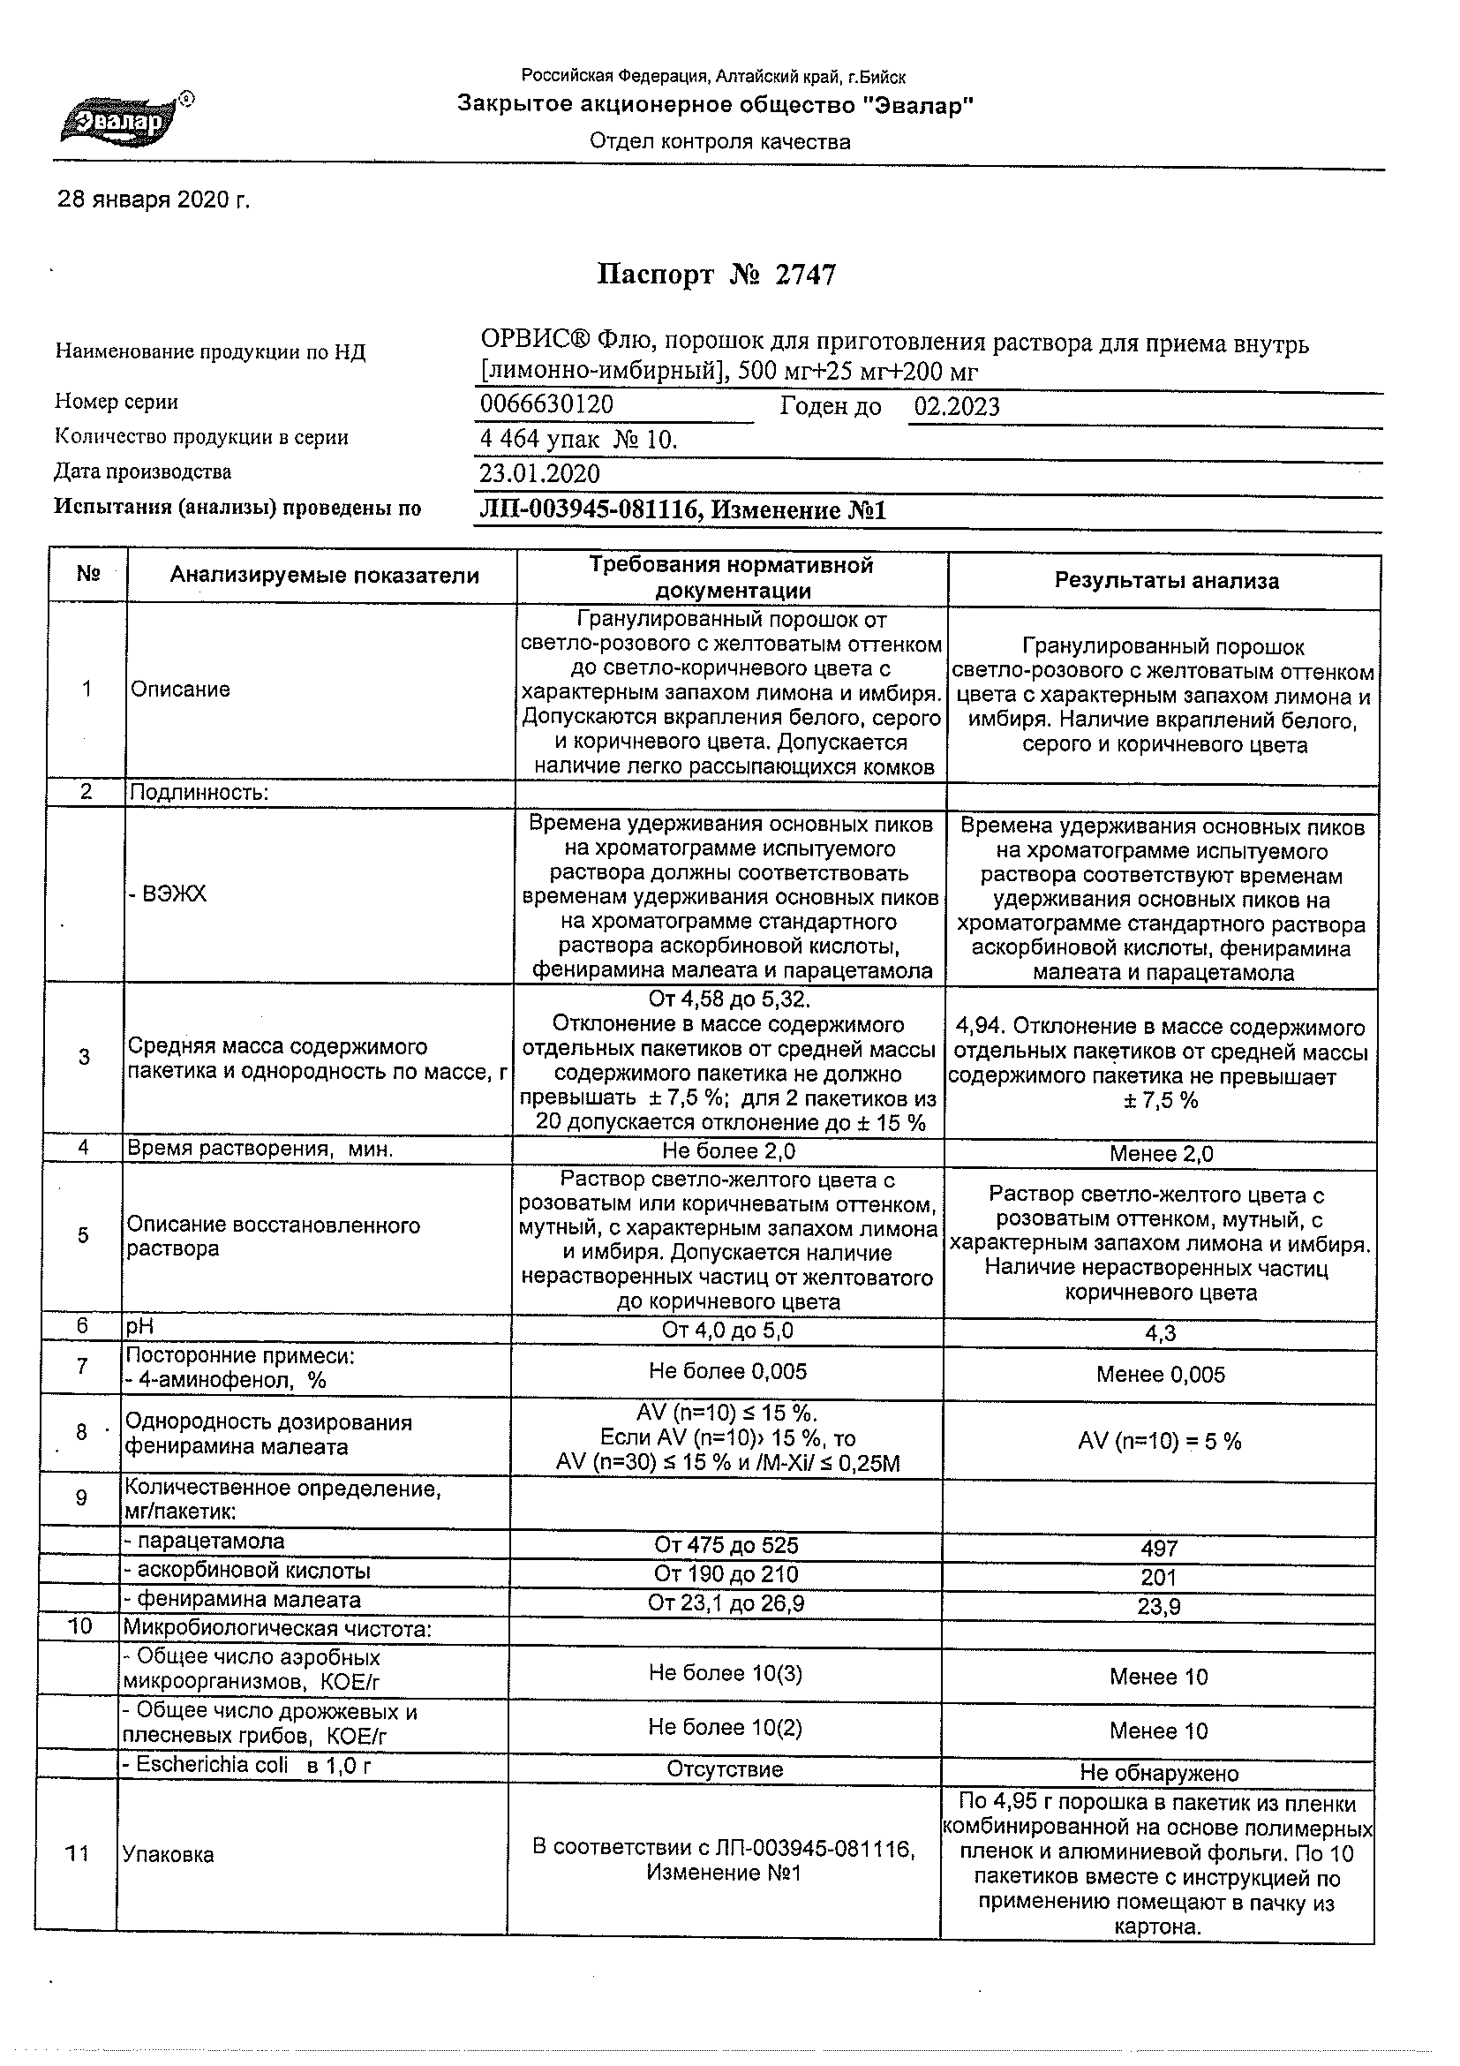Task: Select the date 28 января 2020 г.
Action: pyautogui.click(x=154, y=200)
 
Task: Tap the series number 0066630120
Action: pyautogui.click(x=547, y=404)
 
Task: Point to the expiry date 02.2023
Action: pyautogui.click(x=957, y=407)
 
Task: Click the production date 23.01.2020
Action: pyautogui.click(x=539, y=474)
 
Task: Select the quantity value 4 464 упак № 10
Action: pyautogui.click(x=578, y=440)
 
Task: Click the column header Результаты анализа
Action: pyautogui.click(x=1166, y=581)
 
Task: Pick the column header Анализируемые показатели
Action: pyautogui.click(x=324, y=576)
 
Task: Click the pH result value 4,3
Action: pyautogui.click(x=1161, y=1333)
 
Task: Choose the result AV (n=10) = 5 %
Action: pyautogui.click(x=1160, y=1442)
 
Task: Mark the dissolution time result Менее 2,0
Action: pyautogui.click(x=1161, y=1154)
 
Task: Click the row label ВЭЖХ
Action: pyautogui.click(x=169, y=894)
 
